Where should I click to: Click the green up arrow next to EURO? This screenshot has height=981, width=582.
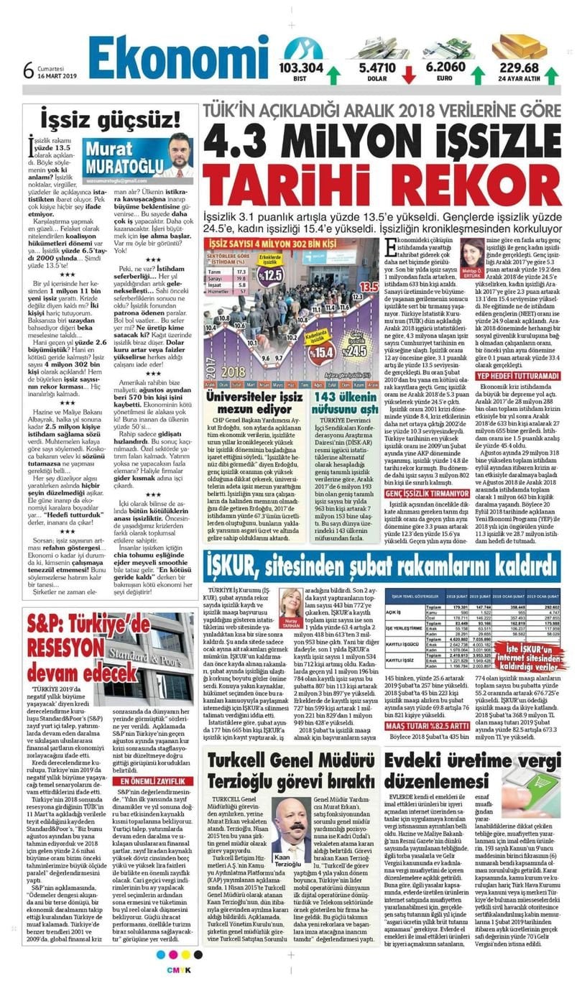pyautogui.click(x=476, y=74)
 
